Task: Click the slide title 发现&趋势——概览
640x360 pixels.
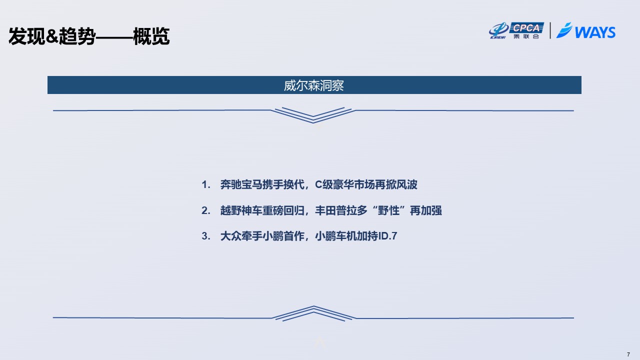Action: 89,36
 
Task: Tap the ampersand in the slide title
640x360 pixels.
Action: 52,36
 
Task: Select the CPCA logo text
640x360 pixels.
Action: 526,27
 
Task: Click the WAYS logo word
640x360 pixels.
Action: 595,32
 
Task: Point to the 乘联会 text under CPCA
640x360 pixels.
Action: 526,36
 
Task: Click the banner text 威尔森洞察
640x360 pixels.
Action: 313,85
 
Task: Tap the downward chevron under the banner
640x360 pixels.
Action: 313,115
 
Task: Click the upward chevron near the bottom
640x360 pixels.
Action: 313,313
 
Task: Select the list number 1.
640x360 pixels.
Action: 205,184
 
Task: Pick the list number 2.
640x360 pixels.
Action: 205,210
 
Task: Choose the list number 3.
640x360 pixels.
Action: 205,236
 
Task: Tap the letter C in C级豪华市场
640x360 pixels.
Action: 318,184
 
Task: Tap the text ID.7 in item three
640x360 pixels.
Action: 387,236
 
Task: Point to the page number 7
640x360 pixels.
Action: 628,354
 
